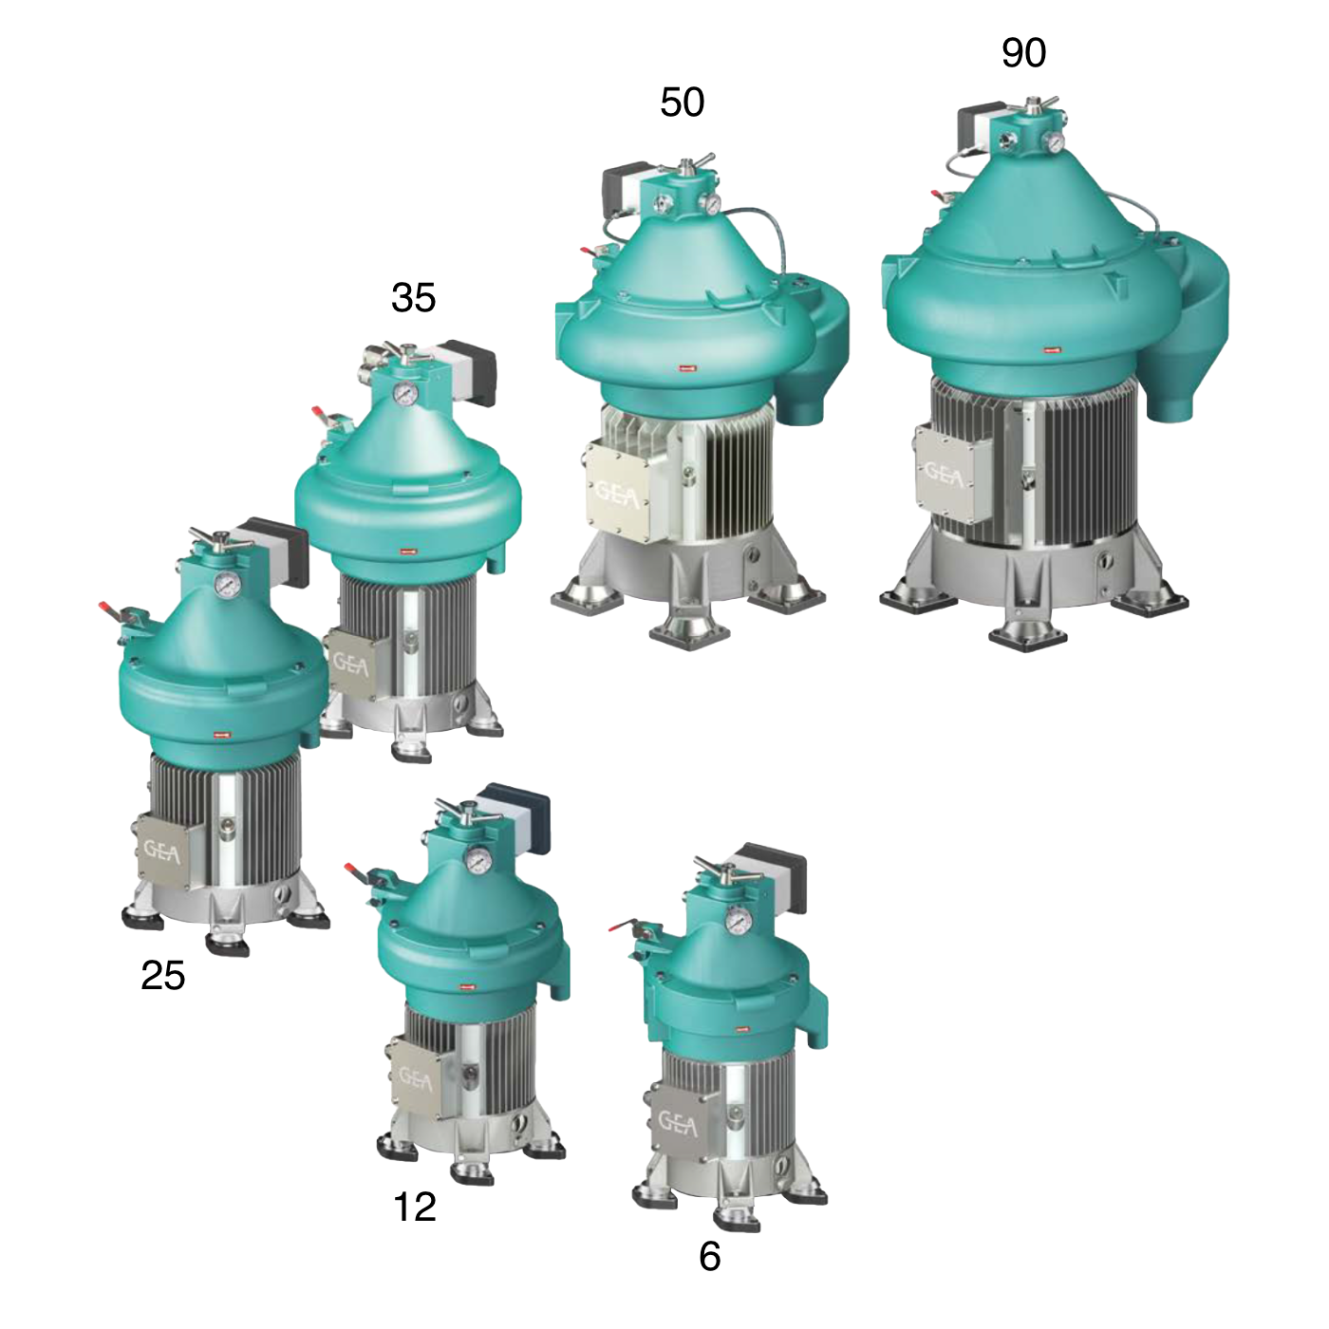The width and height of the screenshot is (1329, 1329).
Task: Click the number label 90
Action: tap(1023, 53)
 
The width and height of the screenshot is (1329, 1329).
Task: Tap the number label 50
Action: tap(683, 103)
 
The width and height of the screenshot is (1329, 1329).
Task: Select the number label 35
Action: tap(413, 298)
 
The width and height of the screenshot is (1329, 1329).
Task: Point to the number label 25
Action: tap(162, 976)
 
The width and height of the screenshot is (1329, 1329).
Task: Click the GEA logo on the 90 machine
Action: tap(944, 474)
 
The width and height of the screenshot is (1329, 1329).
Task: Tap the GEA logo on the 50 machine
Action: tap(617, 491)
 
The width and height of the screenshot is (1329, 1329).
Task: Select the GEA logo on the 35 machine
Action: tap(351, 664)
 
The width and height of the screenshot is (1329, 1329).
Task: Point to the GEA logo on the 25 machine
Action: tap(161, 852)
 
